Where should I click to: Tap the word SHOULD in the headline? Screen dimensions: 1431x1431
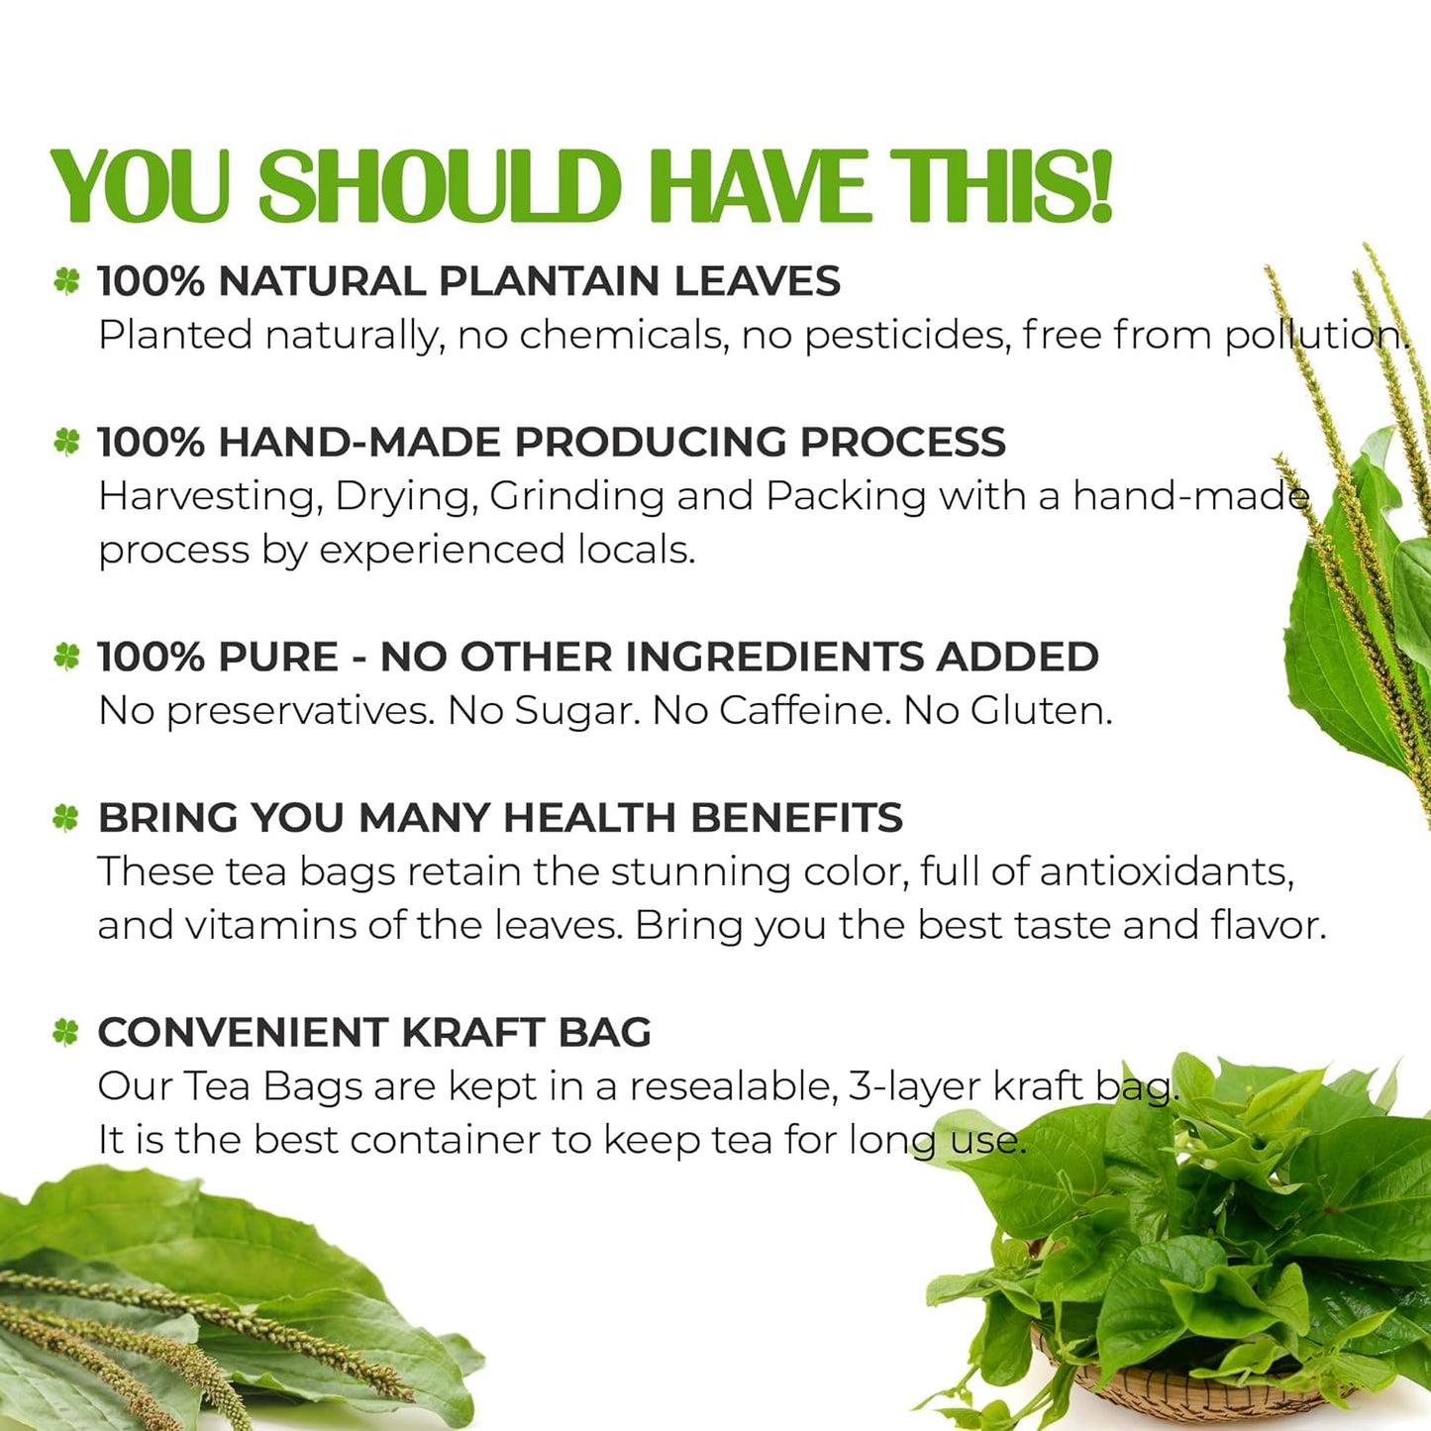[439, 186]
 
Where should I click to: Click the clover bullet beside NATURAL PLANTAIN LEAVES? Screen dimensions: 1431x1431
[66, 282]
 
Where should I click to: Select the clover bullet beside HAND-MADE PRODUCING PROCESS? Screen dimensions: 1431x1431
[66, 442]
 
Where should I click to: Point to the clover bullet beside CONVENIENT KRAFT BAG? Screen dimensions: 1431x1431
[65, 1033]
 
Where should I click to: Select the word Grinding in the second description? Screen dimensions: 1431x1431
[576, 496]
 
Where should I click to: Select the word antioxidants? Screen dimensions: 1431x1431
[1166, 872]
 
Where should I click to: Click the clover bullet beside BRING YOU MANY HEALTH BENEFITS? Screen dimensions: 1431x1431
[65, 818]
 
